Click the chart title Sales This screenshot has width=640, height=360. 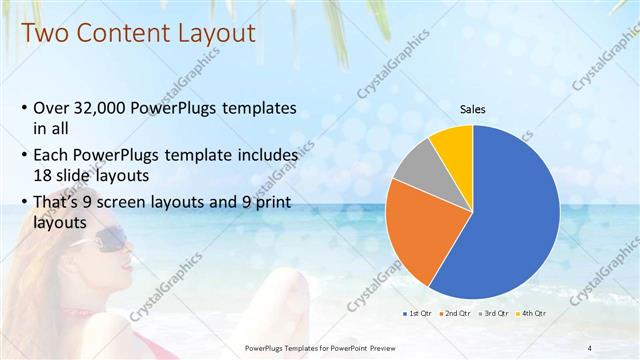tap(473, 109)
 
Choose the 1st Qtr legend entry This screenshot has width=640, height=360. tap(417, 314)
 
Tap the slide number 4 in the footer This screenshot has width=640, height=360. tap(591, 348)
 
